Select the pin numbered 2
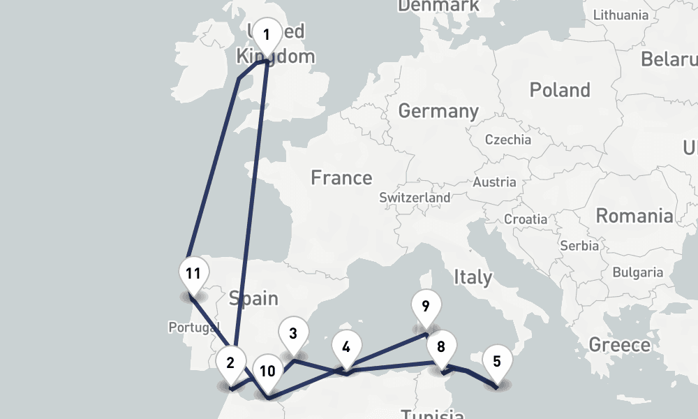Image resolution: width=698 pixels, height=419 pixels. coord(230,362)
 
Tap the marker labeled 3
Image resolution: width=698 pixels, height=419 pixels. coord(293,334)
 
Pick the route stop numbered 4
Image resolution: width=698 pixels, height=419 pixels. coord(346,345)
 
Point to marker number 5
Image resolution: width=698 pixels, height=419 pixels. coord(496,362)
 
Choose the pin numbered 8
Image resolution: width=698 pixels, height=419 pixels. coord(441,347)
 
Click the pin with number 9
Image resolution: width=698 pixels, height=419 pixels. coord(425,305)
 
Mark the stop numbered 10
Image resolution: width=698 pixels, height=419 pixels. coord(267,371)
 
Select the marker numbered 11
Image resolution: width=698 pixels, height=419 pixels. coord(193,273)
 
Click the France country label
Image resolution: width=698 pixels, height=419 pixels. coord(341,178)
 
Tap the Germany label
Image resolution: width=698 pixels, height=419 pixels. coord(438,111)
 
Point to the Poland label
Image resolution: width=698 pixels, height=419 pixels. coord(560,90)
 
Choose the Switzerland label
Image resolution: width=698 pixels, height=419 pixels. coord(415,198)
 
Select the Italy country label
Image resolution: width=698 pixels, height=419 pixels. coord(473,277)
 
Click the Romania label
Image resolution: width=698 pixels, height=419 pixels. coord(634,216)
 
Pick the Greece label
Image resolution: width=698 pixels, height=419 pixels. coord(619,344)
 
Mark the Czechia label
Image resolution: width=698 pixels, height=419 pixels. coord(507,140)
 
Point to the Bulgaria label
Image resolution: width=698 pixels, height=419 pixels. coord(638,272)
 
